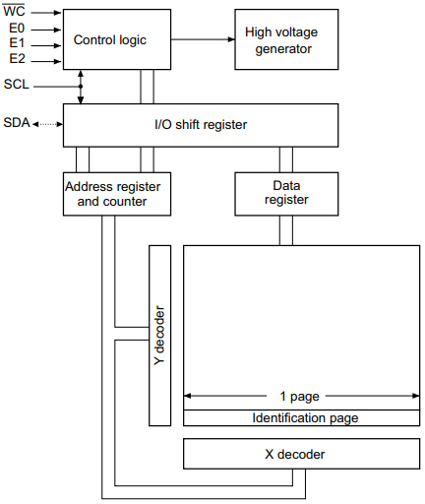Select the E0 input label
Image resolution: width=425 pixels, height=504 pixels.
pyautogui.click(x=16, y=30)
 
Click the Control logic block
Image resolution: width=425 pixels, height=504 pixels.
pyautogui.click(x=109, y=39)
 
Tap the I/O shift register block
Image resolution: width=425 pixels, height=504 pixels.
pyautogui.click(x=200, y=124)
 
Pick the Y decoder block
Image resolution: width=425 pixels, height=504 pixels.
pyautogui.click(x=158, y=336)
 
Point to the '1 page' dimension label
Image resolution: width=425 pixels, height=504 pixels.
pyautogui.click(x=301, y=397)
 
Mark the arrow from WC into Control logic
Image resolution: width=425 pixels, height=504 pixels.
pyautogui.click(x=45, y=14)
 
